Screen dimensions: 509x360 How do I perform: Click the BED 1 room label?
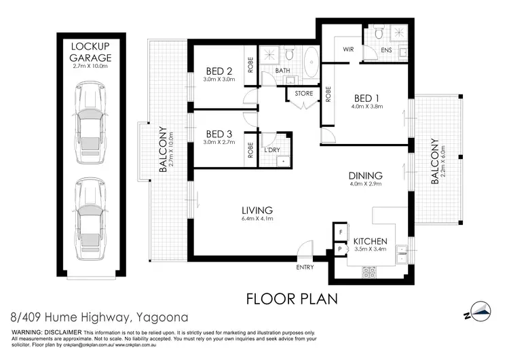point(366,98)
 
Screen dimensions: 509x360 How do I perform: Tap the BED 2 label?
point(219,71)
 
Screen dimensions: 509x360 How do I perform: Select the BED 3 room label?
point(219,134)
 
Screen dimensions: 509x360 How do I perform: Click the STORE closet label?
point(304,93)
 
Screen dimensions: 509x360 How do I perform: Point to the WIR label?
point(348,50)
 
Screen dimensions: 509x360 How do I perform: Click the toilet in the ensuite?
point(379,32)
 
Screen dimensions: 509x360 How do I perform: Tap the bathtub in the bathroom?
point(312,62)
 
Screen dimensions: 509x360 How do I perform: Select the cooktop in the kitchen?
point(369,272)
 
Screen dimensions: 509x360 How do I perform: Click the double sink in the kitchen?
point(402,255)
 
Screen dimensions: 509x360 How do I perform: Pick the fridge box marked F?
point(341,232)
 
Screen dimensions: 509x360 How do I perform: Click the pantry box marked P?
point(340,249)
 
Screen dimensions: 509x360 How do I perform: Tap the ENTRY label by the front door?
point(305,267)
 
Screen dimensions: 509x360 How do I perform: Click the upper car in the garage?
point(90,122)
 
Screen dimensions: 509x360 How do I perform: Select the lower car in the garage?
point(90,219)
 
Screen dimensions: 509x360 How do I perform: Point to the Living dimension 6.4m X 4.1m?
point(257,219)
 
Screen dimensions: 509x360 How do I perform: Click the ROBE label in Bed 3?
point(250,150)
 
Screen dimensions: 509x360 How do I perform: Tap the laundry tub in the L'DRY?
point(283,161)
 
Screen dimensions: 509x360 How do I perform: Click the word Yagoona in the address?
point(162,317)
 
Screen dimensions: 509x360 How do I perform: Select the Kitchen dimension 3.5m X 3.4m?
point(371,249)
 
